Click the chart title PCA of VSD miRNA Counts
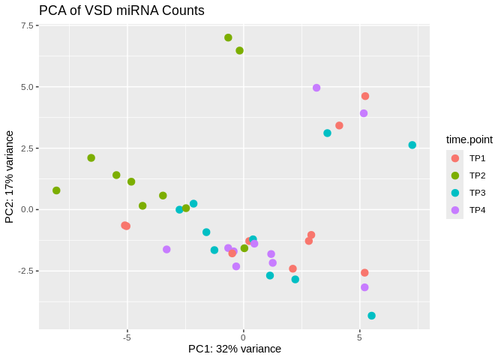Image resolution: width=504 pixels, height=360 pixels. click(121, 10)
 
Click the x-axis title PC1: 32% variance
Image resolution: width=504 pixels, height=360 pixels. click(234, 349)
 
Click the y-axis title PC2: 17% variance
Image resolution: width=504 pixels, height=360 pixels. click(10, 177)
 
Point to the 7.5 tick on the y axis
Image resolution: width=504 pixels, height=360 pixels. click(28, 25)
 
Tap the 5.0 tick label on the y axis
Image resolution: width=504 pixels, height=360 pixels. click(28, 87)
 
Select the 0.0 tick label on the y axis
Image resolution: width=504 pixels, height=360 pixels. click(28, 209)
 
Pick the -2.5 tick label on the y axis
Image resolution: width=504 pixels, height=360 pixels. click(26, 271)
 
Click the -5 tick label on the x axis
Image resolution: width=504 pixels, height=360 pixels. click(127, 337)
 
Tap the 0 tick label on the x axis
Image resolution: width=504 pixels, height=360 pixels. click(243, 337)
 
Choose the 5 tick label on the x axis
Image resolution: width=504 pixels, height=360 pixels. click(359, 337)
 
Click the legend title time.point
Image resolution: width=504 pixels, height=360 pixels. click(469, 139)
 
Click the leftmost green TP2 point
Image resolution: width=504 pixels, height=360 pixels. click(56, 190)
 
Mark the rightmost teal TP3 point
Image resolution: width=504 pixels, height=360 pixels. click(412, 145)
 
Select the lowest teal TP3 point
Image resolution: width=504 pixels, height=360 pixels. click(372, 316)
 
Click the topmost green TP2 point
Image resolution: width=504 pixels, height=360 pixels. click(228, 37)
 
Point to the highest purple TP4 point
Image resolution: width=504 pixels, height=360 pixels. click(316, 88)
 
